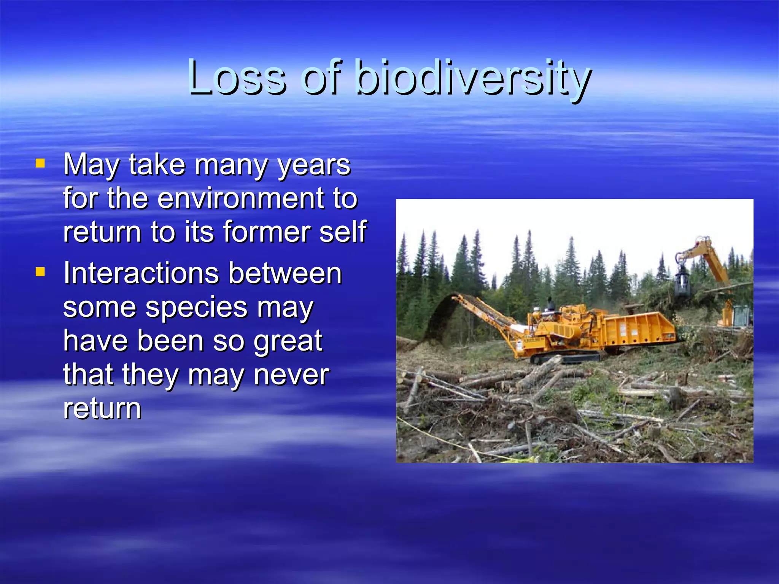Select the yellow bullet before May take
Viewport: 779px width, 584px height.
[x=40, y=163]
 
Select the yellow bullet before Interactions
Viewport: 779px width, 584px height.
[x=40, y=272]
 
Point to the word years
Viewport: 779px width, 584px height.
[x=314, y=165]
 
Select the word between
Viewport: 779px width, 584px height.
[x=285, y=273]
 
